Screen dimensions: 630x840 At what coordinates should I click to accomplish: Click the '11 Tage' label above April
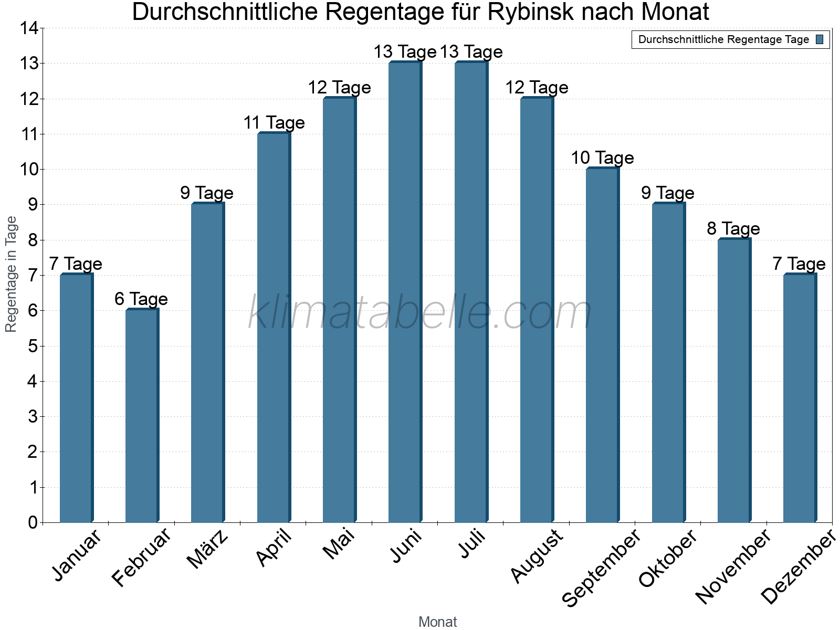point(274,123)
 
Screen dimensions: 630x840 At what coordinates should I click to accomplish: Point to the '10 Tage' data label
point(602,158)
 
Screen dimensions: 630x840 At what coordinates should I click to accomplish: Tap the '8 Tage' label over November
point(733,229)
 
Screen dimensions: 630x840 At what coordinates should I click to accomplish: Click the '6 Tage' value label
point(141,299)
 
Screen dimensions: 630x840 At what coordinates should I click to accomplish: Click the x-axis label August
point(537,555)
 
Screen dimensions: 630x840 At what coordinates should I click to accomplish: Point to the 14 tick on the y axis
point(29,28)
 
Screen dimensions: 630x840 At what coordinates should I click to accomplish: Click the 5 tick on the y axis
point(33,346)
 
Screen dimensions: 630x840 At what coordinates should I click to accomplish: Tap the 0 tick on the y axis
point(33,522)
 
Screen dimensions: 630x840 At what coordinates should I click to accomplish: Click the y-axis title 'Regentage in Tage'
point(11,274)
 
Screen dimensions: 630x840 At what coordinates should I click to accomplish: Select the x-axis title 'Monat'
point(437,622)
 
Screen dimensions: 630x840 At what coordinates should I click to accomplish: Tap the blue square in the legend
point(820,39)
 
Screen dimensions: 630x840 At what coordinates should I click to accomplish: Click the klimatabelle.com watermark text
point(420,313)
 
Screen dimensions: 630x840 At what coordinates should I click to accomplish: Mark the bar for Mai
point(339,310)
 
